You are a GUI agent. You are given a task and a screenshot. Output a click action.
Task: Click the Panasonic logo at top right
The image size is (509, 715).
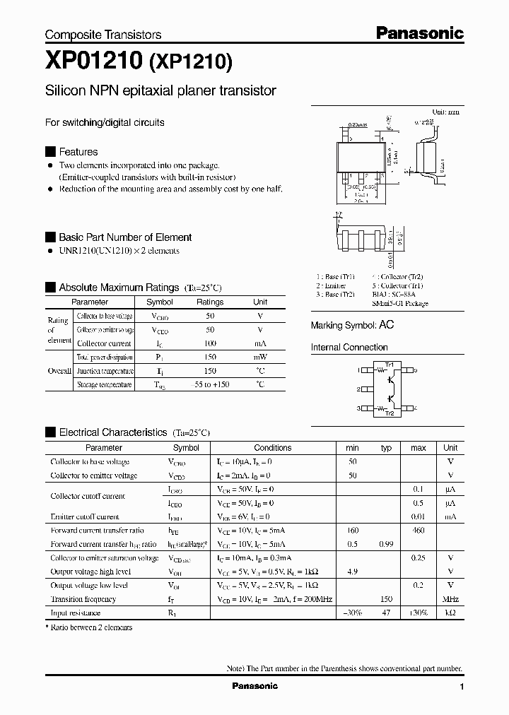click(x=419, y=32)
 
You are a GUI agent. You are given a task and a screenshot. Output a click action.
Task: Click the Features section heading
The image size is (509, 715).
click(x=78, y=152)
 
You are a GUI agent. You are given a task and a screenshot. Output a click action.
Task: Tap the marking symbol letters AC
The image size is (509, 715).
click(x=386, y=325)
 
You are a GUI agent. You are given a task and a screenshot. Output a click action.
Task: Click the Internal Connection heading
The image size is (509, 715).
click(x=349, y=348)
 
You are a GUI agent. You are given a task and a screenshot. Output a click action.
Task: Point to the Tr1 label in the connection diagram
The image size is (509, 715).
click(x=389, y=364)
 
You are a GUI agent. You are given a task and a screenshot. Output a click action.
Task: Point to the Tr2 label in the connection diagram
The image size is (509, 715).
click(x=389, y=413)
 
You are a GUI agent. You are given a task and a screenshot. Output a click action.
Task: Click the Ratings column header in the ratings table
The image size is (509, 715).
click(x=209, y=302)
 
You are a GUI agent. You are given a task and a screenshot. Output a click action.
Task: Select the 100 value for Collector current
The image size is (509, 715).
click(x=209, y=343)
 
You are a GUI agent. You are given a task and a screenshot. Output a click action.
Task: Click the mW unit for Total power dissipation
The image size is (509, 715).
click(x=260, y=357)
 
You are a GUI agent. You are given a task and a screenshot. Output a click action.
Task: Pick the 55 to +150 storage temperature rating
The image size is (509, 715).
click(x=210, y=384)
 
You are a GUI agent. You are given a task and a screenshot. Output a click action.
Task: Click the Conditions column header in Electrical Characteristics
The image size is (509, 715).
click(x=272, y=448)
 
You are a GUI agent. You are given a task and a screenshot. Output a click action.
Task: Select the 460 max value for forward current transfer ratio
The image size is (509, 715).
click(x=418, y=530)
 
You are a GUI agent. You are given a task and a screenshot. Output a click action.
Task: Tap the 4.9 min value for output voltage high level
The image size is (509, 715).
click(x=353, y=572)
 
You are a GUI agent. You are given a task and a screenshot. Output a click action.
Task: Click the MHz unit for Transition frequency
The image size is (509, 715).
click(x=450, y=599)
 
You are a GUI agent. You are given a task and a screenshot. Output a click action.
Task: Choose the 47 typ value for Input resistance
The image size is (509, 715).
click(x=386, y=613)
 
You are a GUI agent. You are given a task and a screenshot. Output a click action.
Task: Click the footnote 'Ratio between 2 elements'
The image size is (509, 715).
click(x=90, y=627)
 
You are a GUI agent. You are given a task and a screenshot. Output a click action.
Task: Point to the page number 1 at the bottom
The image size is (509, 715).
click(x=462, y=687)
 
